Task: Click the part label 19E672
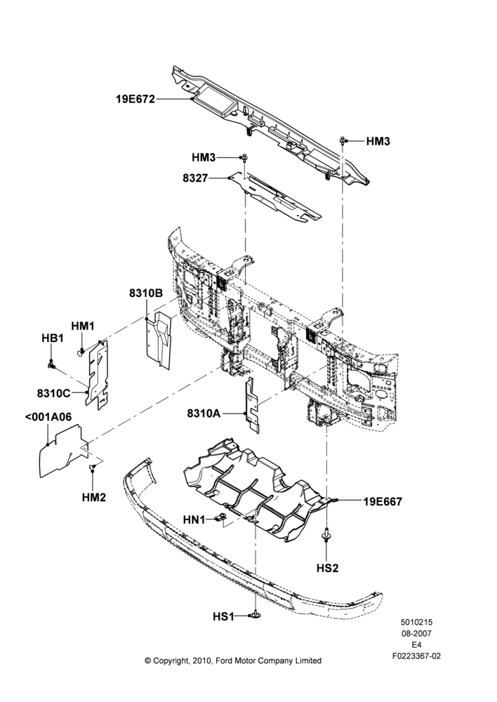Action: [x=135, y=99]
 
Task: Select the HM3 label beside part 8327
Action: [x=204, y=157]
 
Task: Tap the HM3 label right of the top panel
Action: [x=378, y=142]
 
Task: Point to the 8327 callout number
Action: [x=195, y=178]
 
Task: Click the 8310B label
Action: [x=146, y=293]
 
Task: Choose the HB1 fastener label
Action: [x=53, y=338]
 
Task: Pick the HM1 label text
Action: [x=83, y=326]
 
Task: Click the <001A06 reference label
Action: [x=48, y=417]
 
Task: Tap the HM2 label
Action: [x=94, y=497]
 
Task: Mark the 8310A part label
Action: [x=204, y=413]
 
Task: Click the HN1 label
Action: [x=194, y=519]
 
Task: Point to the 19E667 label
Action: [x=383, y=501]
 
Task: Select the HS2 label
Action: [x=327, y=568]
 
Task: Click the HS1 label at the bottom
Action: [x=223, y=617]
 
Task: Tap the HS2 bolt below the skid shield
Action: [x=327, y=535]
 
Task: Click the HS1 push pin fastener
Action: [x=256, y=616]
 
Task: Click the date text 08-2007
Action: [x=416, y=633]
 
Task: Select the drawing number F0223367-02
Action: [x=416, y=656]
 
